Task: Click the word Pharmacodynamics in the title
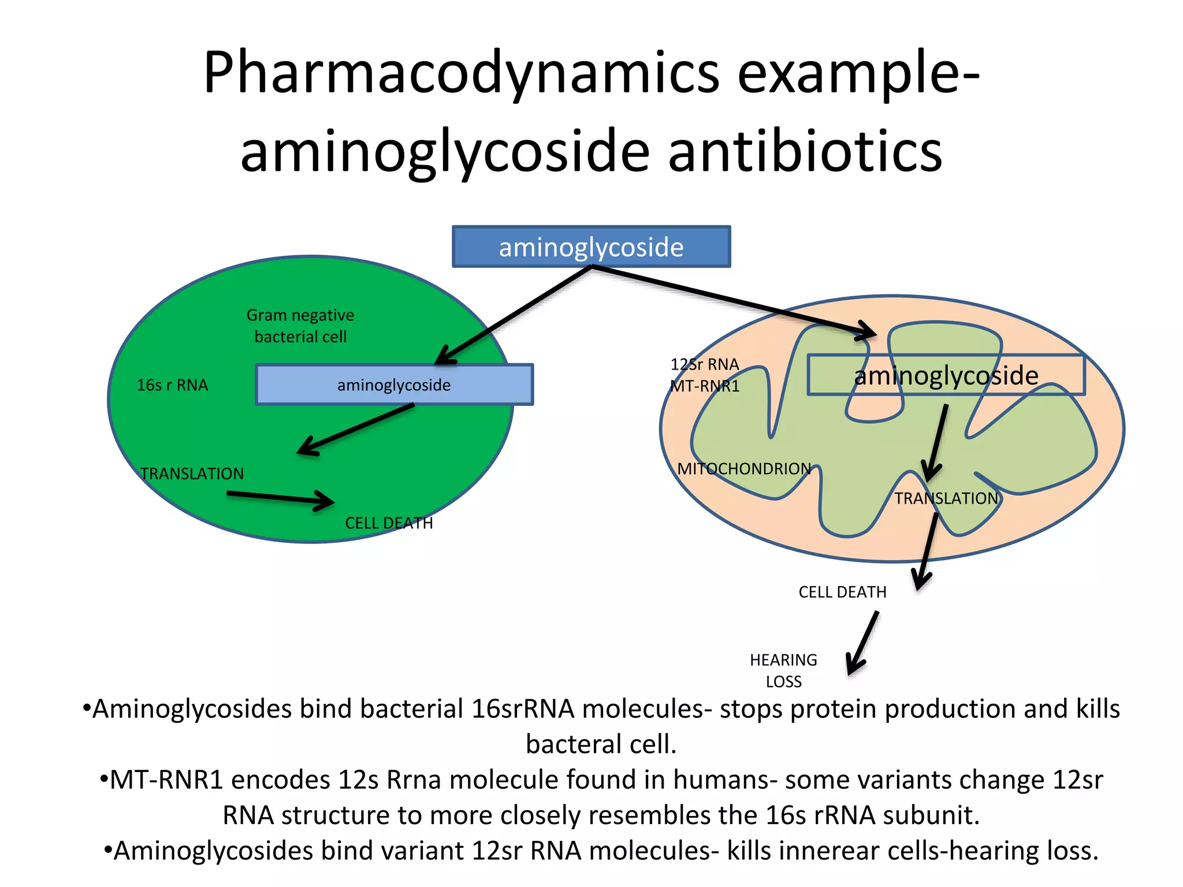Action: pos(461,74)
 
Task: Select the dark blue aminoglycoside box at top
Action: pos(591,247)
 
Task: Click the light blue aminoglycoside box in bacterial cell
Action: pos(394,385)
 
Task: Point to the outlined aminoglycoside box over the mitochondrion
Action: pos(946,375)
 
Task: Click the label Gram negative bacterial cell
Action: pos(300,326)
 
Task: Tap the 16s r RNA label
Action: pos(172,385)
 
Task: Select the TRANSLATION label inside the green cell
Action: pos(192,474)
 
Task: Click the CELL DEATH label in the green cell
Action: pos(389,523)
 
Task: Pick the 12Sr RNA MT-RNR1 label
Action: pos(705,375)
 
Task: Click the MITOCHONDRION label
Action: pos(744,469)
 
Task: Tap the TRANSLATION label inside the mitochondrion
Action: pos(946,498)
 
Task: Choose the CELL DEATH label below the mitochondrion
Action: pos(842,592)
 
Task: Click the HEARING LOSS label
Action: pos(783,670)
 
